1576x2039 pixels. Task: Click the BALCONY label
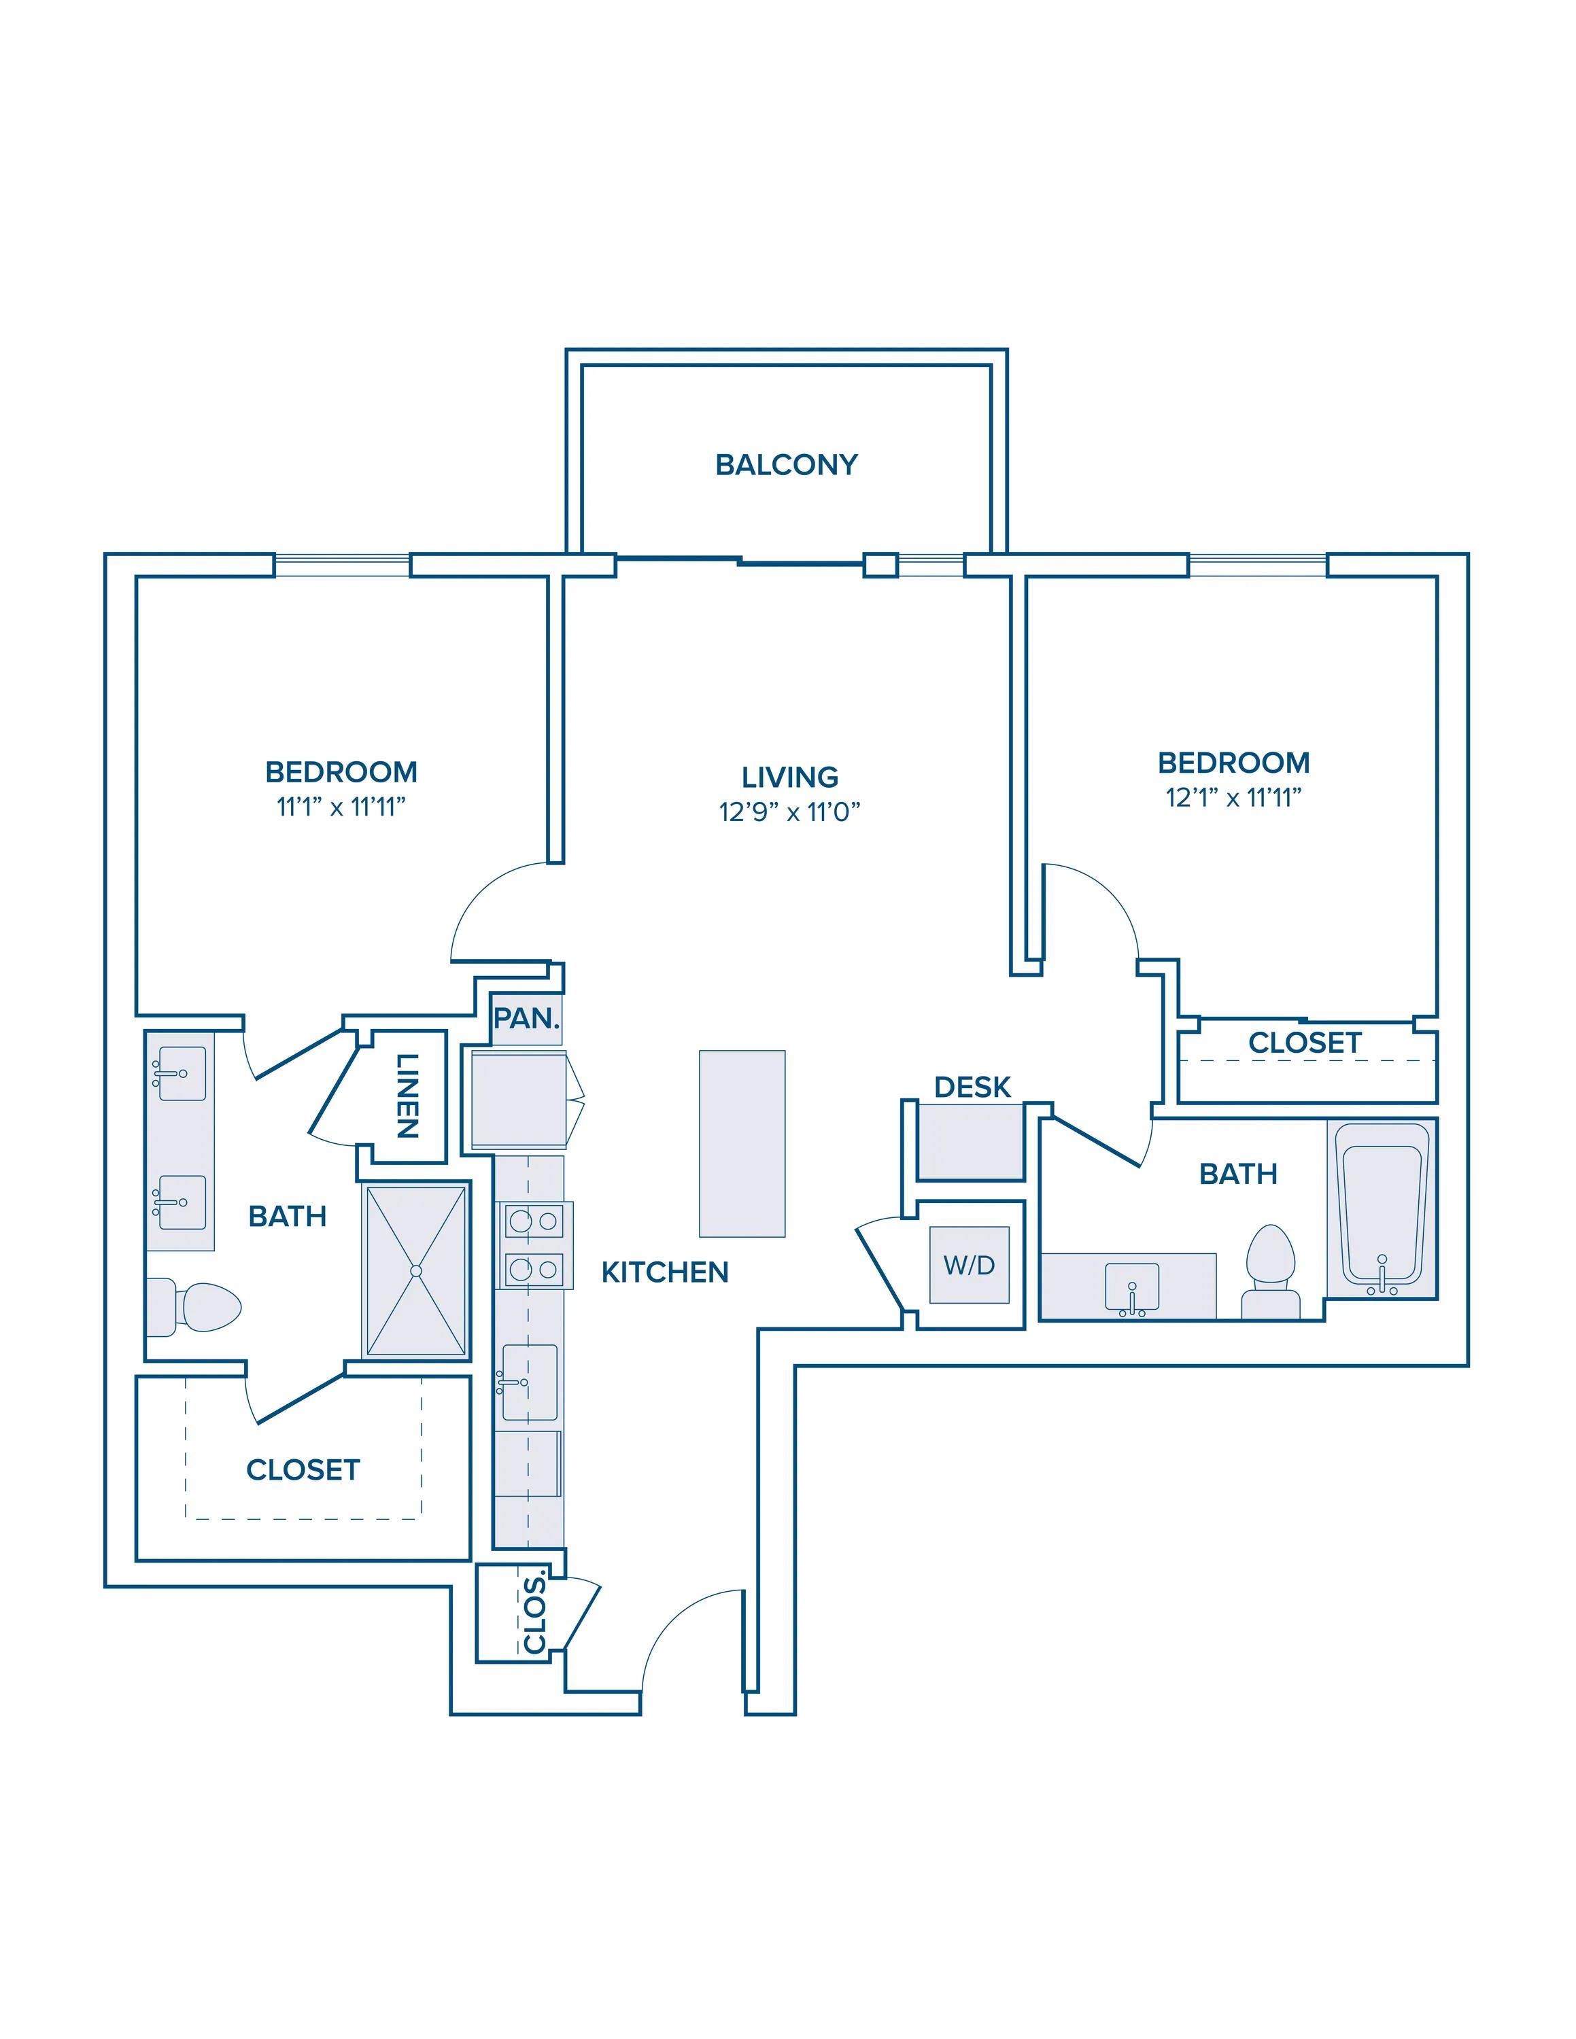[786, 465]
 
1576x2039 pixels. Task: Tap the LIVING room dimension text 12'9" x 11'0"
[789, 812]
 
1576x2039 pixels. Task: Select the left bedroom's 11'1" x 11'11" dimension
[341, 807]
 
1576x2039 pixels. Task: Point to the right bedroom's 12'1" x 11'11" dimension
[1233, 798]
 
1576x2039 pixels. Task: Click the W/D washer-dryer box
[969, 1265]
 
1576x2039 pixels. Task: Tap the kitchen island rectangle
[742, 1144]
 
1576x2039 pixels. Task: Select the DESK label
[972, 1087]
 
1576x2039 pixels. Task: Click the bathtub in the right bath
[1382, 1210]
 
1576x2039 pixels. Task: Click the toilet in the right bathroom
[1271, 1272]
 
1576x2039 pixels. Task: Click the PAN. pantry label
[526, 1019]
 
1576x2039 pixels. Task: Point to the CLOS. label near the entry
[534, 1614]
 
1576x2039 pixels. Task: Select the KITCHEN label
[665, 1272]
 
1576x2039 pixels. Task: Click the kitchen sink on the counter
[530, 1382]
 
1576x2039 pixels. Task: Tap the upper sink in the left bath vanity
[179, 1074]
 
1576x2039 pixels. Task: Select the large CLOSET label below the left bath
[303, 1470]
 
